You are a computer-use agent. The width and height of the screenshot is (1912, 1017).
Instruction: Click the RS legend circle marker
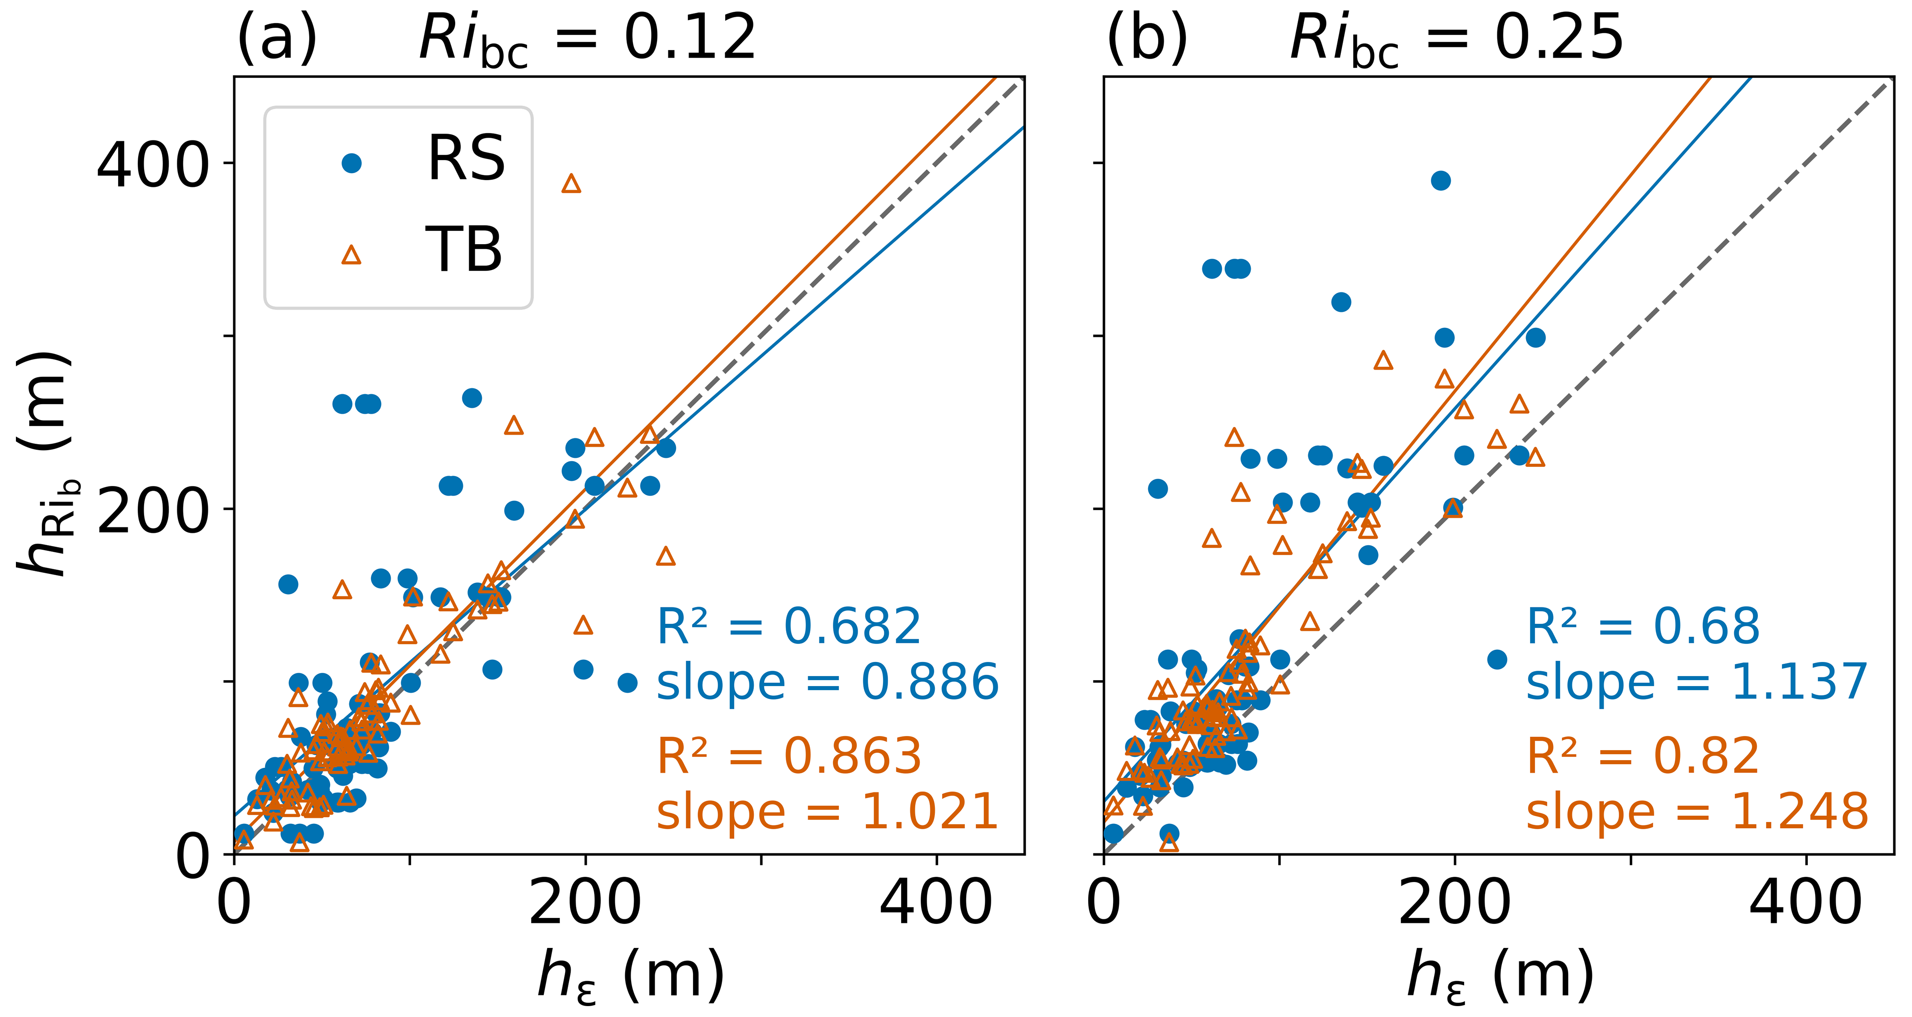351,163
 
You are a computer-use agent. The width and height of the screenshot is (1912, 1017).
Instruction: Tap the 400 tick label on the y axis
152,165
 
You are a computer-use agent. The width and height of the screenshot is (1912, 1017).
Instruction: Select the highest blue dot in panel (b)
1440,180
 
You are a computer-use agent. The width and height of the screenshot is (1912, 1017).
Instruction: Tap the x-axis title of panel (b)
1499,976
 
